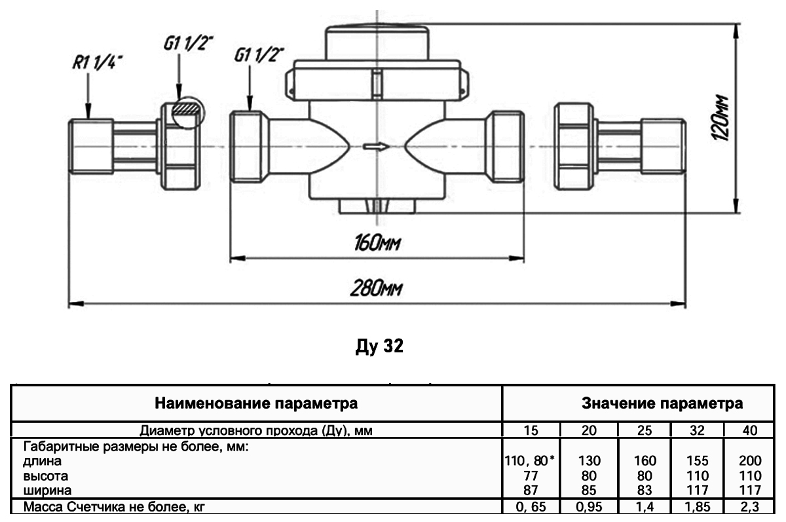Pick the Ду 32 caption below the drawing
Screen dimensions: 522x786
pyautogui.click(x=379, y=346)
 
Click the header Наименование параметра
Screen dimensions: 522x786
pyautogui.click(x=256, y=403)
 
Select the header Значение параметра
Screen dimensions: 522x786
pyautogui.click(x=662, y=403)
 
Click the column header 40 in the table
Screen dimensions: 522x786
pyautogui.click(x=751, y=430)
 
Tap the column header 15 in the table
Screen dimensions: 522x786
pyautogui.click(x=531, y=430)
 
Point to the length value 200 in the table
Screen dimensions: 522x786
pyautogui.click(x=751, y=460)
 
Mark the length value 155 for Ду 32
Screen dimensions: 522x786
pyautogui.click(x=698, y=460)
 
